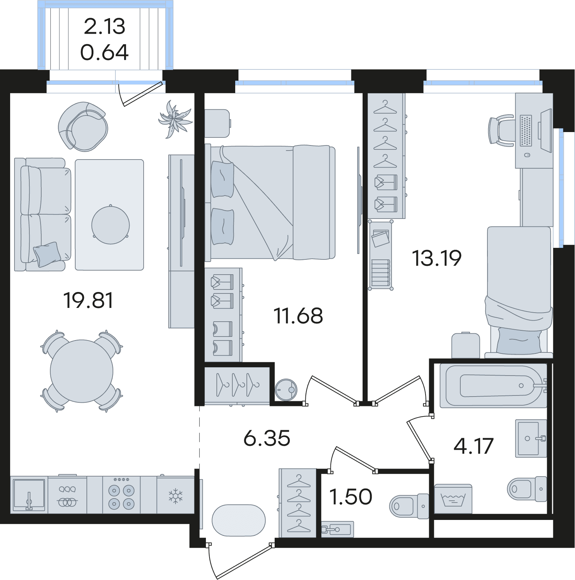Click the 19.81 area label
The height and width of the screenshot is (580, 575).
(x=88, y=300)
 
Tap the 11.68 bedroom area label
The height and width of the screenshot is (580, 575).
(x=298, y=316)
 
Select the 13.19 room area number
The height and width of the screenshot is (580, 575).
(x=437, y=258)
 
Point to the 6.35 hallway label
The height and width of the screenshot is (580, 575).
(x=267, y=438)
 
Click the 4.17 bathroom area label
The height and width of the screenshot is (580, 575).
(x=474, y=446)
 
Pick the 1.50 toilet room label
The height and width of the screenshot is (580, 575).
(x=351, y=496)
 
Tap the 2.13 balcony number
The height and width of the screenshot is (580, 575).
(x=105, y=26)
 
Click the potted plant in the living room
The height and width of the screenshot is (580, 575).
(x=175, y=119)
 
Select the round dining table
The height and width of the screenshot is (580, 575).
(x=81, y=371)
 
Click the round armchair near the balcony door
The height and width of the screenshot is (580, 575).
(x=83, y=126)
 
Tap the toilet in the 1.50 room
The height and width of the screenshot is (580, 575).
(x=409, y=506)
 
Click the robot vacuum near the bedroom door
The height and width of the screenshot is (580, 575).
(x=286, y=390)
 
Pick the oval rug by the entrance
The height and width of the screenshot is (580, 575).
(x=238, y=521)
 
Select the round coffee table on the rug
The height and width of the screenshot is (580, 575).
(x=110, y=225)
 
